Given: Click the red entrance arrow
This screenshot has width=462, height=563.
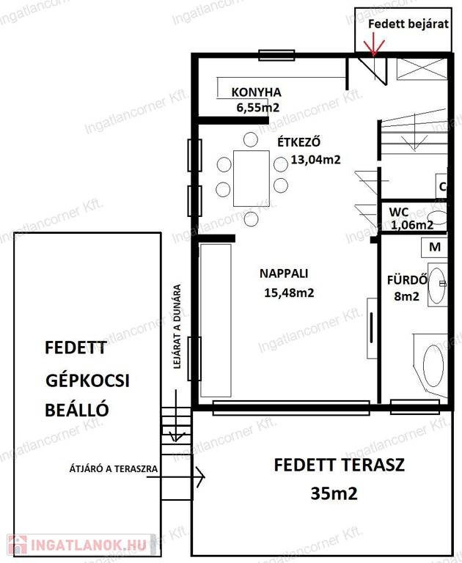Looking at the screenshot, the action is coord(374,45).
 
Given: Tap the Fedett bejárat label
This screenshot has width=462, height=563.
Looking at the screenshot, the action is coord(408,24).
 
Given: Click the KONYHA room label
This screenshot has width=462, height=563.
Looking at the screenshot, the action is coord(256,92).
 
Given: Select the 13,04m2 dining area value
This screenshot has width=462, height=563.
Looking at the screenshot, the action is coord(315,159).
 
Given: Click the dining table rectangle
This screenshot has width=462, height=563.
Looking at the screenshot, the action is coord(251,178).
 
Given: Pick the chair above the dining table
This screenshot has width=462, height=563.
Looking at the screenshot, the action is coord(250,139).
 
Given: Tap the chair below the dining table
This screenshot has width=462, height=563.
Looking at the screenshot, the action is coord(251,218).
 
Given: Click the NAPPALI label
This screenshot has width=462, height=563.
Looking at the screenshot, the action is coord(284,273).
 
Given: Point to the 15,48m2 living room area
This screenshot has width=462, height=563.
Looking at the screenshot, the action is coord(289,293).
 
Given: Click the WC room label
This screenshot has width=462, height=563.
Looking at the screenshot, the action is coord(399,212).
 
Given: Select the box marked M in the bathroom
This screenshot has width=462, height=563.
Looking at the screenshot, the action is coord(434,247).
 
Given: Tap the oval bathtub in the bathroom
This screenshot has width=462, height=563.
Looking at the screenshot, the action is coord(433,366).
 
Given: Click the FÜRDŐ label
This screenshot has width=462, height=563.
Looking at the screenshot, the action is coord(407,280).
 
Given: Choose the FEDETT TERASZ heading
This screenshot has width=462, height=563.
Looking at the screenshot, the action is coord(339,465).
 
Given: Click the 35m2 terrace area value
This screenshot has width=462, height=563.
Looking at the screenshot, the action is coord(334,493).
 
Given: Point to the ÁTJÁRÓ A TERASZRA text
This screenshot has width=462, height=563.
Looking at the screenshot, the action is coord(114,468).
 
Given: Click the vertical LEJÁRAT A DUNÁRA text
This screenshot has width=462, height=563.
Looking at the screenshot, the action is coord(177,327).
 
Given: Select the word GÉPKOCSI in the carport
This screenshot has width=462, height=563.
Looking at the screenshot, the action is coord(87,381).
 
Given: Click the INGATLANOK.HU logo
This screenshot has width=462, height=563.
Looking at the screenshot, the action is coord(77,545).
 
